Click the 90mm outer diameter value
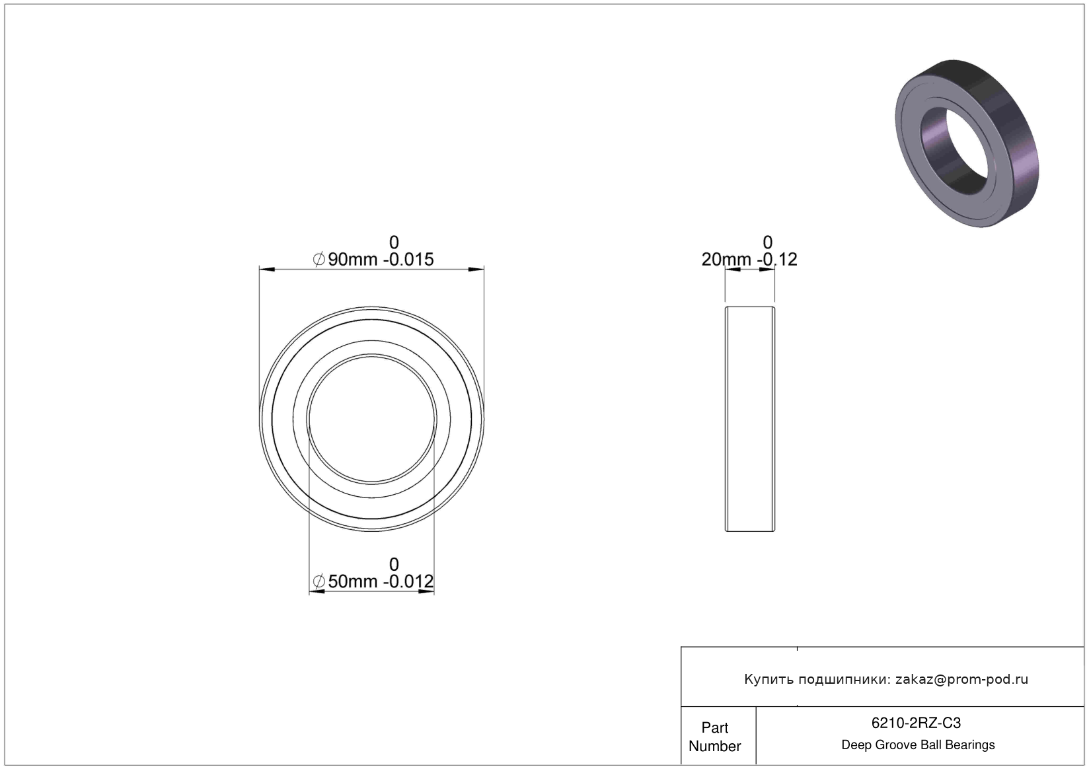tap(352, 260)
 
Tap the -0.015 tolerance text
tap(408, 260)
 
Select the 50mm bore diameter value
tap(352, 581)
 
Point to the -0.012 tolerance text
tap(408, 581)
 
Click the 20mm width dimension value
tap(726, 260)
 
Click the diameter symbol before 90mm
tap(319, 260)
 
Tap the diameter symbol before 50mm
tap(319, 581)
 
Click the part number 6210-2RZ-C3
tap(916, 723)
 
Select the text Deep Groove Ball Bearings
tap(918, 745)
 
